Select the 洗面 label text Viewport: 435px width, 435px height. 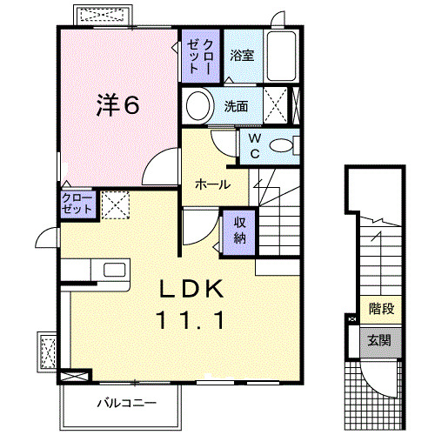coord(236,108)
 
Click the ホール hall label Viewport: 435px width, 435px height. coord(212,184)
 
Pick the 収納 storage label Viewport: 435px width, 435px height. coord(239,229)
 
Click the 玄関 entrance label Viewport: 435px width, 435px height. coord(378,339)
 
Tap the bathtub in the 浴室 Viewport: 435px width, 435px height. coord(284,57)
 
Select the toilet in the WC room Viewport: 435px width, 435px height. coord(281,146)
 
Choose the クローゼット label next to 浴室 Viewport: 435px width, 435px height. coord(201,55)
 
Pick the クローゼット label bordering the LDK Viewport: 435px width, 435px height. coord(77,205)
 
